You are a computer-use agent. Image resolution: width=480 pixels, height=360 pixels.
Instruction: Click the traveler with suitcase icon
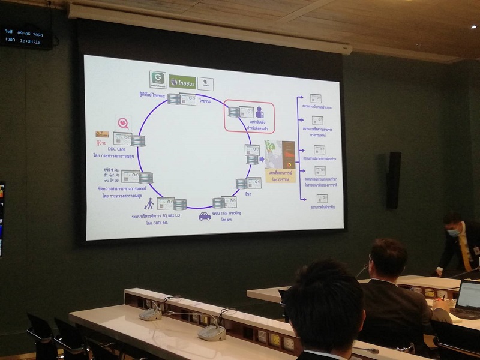[x=149, y=203]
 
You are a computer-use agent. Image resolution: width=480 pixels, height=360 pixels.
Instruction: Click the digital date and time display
[x=28, y=37]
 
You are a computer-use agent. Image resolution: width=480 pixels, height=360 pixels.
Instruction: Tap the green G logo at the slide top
[x=157, y=79]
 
